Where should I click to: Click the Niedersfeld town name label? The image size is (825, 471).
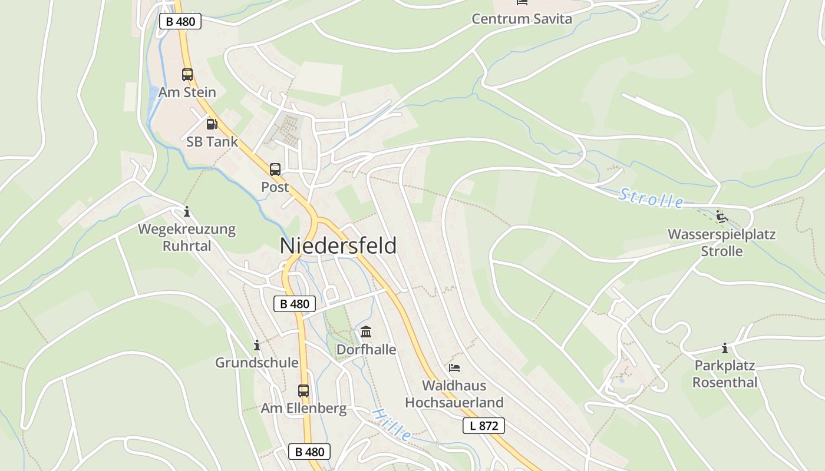coord(338,246)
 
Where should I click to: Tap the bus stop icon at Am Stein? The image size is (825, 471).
coord(187,75)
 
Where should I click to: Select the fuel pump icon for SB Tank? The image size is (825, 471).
coord(212,124)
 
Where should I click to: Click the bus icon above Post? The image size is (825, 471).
coord(275,170)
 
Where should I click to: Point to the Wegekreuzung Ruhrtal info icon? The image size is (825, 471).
coord(187,211)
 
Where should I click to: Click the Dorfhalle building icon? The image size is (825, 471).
coord(366,331)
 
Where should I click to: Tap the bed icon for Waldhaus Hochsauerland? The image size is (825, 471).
coord(454,368)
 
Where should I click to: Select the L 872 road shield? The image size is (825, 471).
coord(484,426)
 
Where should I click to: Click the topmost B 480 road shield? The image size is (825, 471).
coord(180,22)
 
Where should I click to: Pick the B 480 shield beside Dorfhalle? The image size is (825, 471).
coord(295,304)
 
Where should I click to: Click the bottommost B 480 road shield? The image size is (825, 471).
coord(309,452)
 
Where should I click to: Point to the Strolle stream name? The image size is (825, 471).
coord(651,198)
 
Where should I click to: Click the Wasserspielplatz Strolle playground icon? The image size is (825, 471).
coord(721,216)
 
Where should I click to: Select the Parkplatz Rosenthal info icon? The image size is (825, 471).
coord(724,348)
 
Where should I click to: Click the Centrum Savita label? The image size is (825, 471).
coord(522,19)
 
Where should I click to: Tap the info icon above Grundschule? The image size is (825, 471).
coord(256,345)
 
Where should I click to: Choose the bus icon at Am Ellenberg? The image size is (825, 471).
coord(303,390)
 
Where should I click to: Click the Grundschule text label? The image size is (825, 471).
coord(256,363)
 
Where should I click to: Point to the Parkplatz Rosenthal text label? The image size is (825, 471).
coord(724,374)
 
